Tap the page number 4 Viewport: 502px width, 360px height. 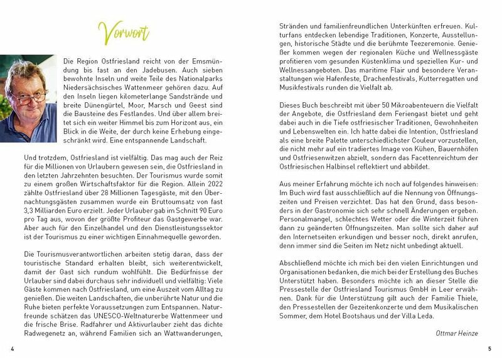[12, 348]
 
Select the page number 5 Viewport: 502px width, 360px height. [489, 348]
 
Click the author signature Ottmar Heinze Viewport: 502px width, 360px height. [457, 333]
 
